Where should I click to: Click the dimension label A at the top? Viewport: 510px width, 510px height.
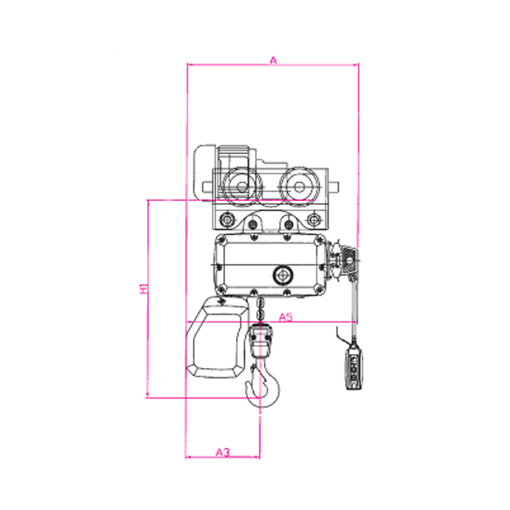[x=273, y=60]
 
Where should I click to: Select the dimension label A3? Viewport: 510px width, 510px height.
[x=223, y=452]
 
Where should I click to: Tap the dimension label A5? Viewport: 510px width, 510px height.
[x=286, y=317]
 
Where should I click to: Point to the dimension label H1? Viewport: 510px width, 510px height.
[x=144, y=289]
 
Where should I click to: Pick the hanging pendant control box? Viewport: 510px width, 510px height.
[x=353, y=367]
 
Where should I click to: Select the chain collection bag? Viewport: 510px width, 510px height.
[x=217, y=337]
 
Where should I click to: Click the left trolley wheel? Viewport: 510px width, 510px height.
[x=242, y=187]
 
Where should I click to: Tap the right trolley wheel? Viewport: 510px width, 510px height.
[x=299, y=187]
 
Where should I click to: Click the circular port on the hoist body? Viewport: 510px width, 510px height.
[x=283, y=275]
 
